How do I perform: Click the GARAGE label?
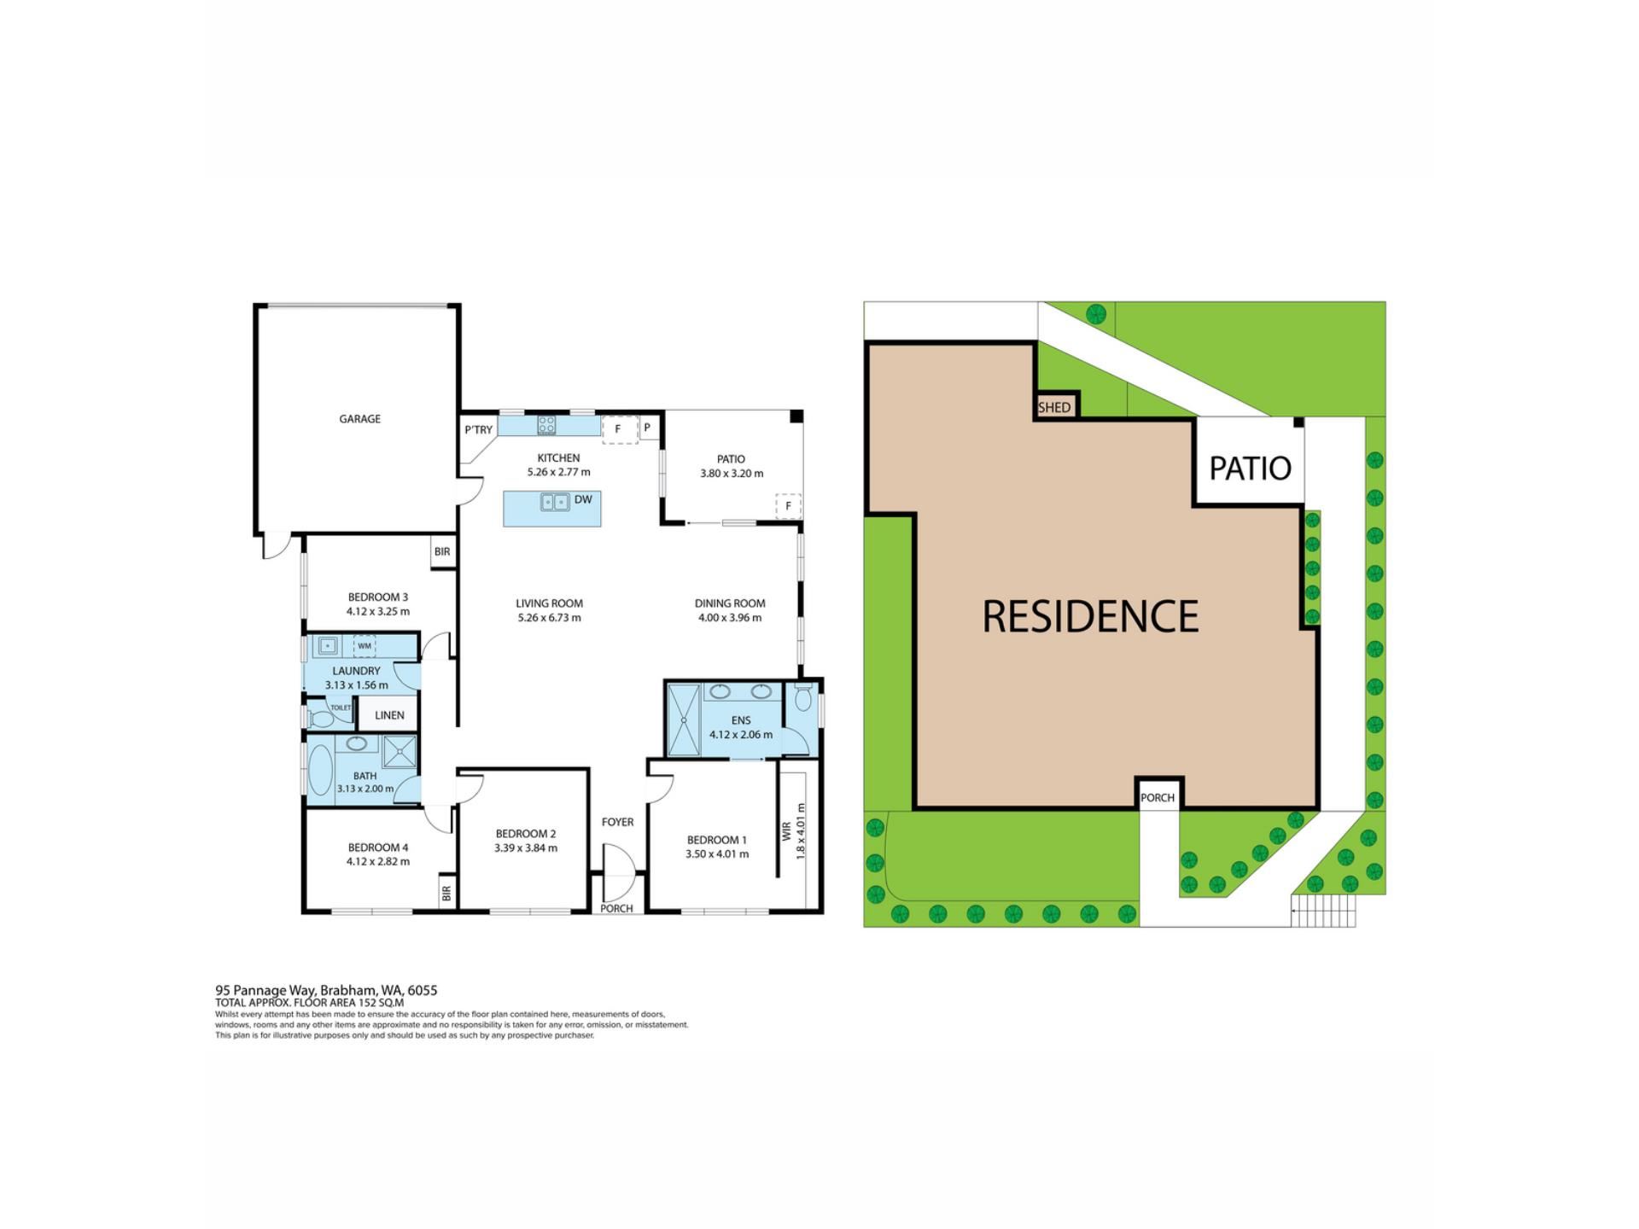359,419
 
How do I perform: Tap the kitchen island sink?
555,502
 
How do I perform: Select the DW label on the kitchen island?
583,499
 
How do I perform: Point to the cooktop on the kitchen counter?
546,424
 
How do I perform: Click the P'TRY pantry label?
479,430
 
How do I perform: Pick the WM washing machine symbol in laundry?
365,646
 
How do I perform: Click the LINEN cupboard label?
389,715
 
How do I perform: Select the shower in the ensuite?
683,719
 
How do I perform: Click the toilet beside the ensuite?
802,698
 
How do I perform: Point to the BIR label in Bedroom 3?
442,552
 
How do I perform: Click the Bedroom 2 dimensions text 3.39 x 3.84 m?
526,848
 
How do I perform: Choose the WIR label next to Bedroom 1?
786,830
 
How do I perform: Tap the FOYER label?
617,822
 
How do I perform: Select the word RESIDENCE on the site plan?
1091,616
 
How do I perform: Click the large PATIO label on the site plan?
1250,468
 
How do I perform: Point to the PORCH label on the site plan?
1158,798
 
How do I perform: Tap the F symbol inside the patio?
788,506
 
